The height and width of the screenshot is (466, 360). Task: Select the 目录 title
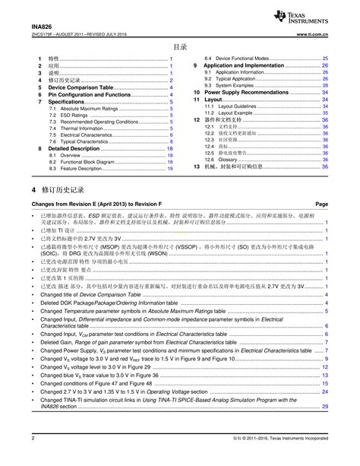180,46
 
